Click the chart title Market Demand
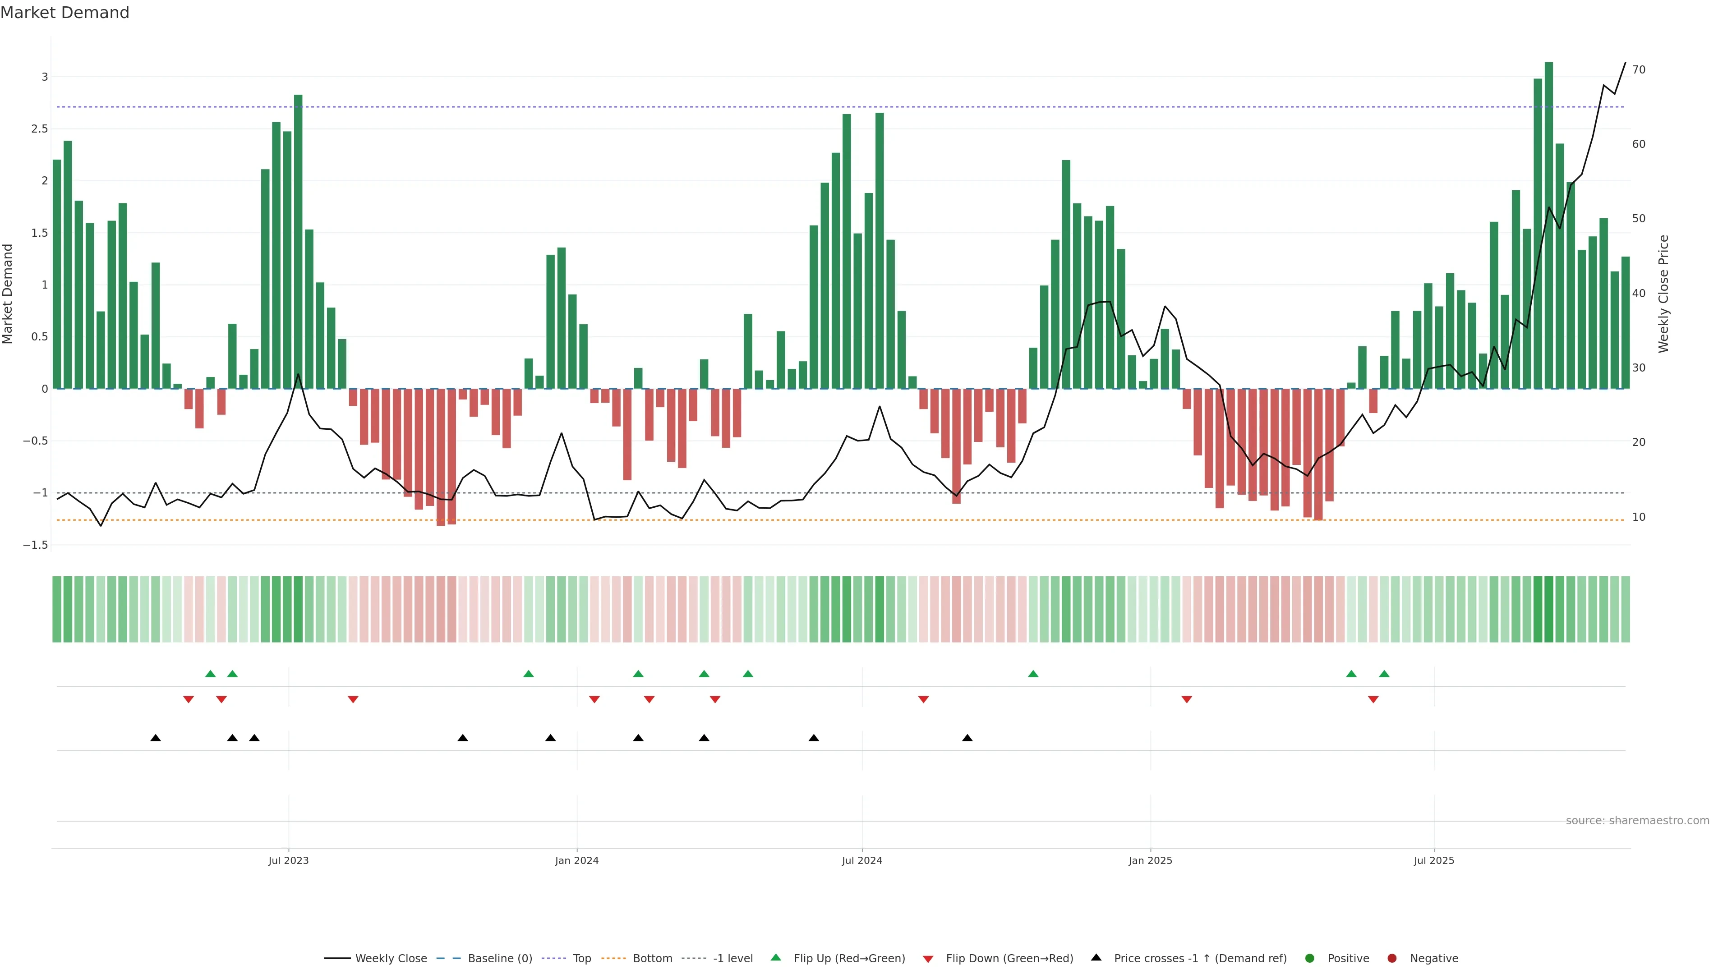click(x=64, y=13)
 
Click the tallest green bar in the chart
click(x=1548, y=225)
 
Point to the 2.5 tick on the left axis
click(x=40, y=129)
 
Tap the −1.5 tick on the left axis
click(x=36, y=545)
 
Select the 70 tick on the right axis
click(x=1639, y=70)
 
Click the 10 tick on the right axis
click(x=1639, y=517)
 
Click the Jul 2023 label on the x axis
click(x=289, y=860)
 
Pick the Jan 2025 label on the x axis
click(x=1150, y=860)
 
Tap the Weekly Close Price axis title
click(x=1663, y=294)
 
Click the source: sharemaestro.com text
click(x=1637, y=821)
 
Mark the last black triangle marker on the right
click(x=967, y=738)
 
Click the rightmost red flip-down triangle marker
click(x=1373, y=700)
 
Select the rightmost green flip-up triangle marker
click(x=1384, y=674)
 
